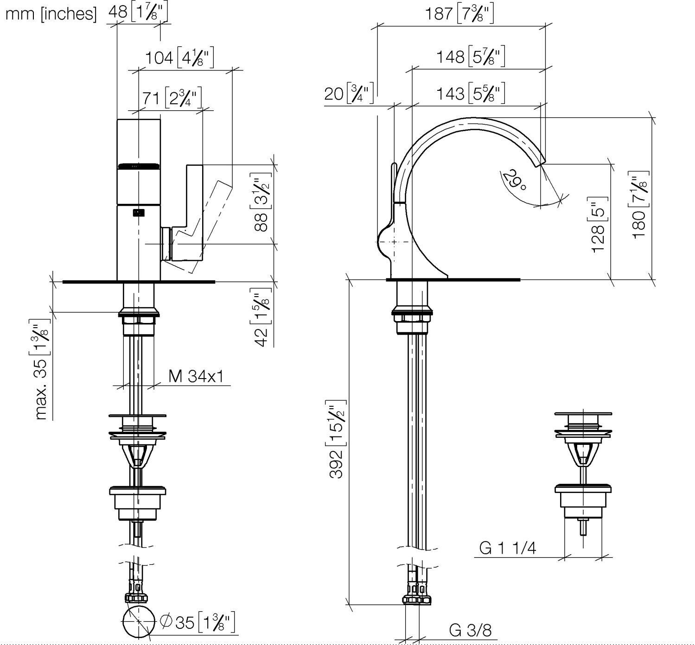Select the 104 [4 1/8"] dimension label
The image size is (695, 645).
coord(179,57)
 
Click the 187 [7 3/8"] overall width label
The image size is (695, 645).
coord(459,14)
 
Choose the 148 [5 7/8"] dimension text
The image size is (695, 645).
coord(471,57)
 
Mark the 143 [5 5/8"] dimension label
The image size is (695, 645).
coord(471,94)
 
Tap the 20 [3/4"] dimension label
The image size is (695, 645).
coord(349,94)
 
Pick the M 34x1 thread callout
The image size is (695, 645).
coord(196,376)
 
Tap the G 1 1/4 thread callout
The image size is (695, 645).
coord(507,548)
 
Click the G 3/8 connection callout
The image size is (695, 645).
coord(470,630)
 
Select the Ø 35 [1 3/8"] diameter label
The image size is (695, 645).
coord(197,622)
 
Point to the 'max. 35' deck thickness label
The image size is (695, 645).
coord(42,369)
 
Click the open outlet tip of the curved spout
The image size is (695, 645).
coord(541,163)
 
